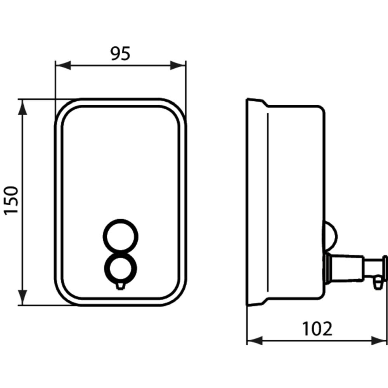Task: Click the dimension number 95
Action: coord(120,53)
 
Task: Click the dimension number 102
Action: coord(317,329)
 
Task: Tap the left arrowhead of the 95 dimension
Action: coord(63,66)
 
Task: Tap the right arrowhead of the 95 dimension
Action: coord(178,66)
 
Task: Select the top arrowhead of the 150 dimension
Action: coord(23,107)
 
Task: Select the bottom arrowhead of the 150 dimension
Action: coord(23,298)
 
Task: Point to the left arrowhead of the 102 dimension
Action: coord(255,341)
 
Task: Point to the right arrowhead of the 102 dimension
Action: coord(379,341)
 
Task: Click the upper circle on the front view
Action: coord(121,220)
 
